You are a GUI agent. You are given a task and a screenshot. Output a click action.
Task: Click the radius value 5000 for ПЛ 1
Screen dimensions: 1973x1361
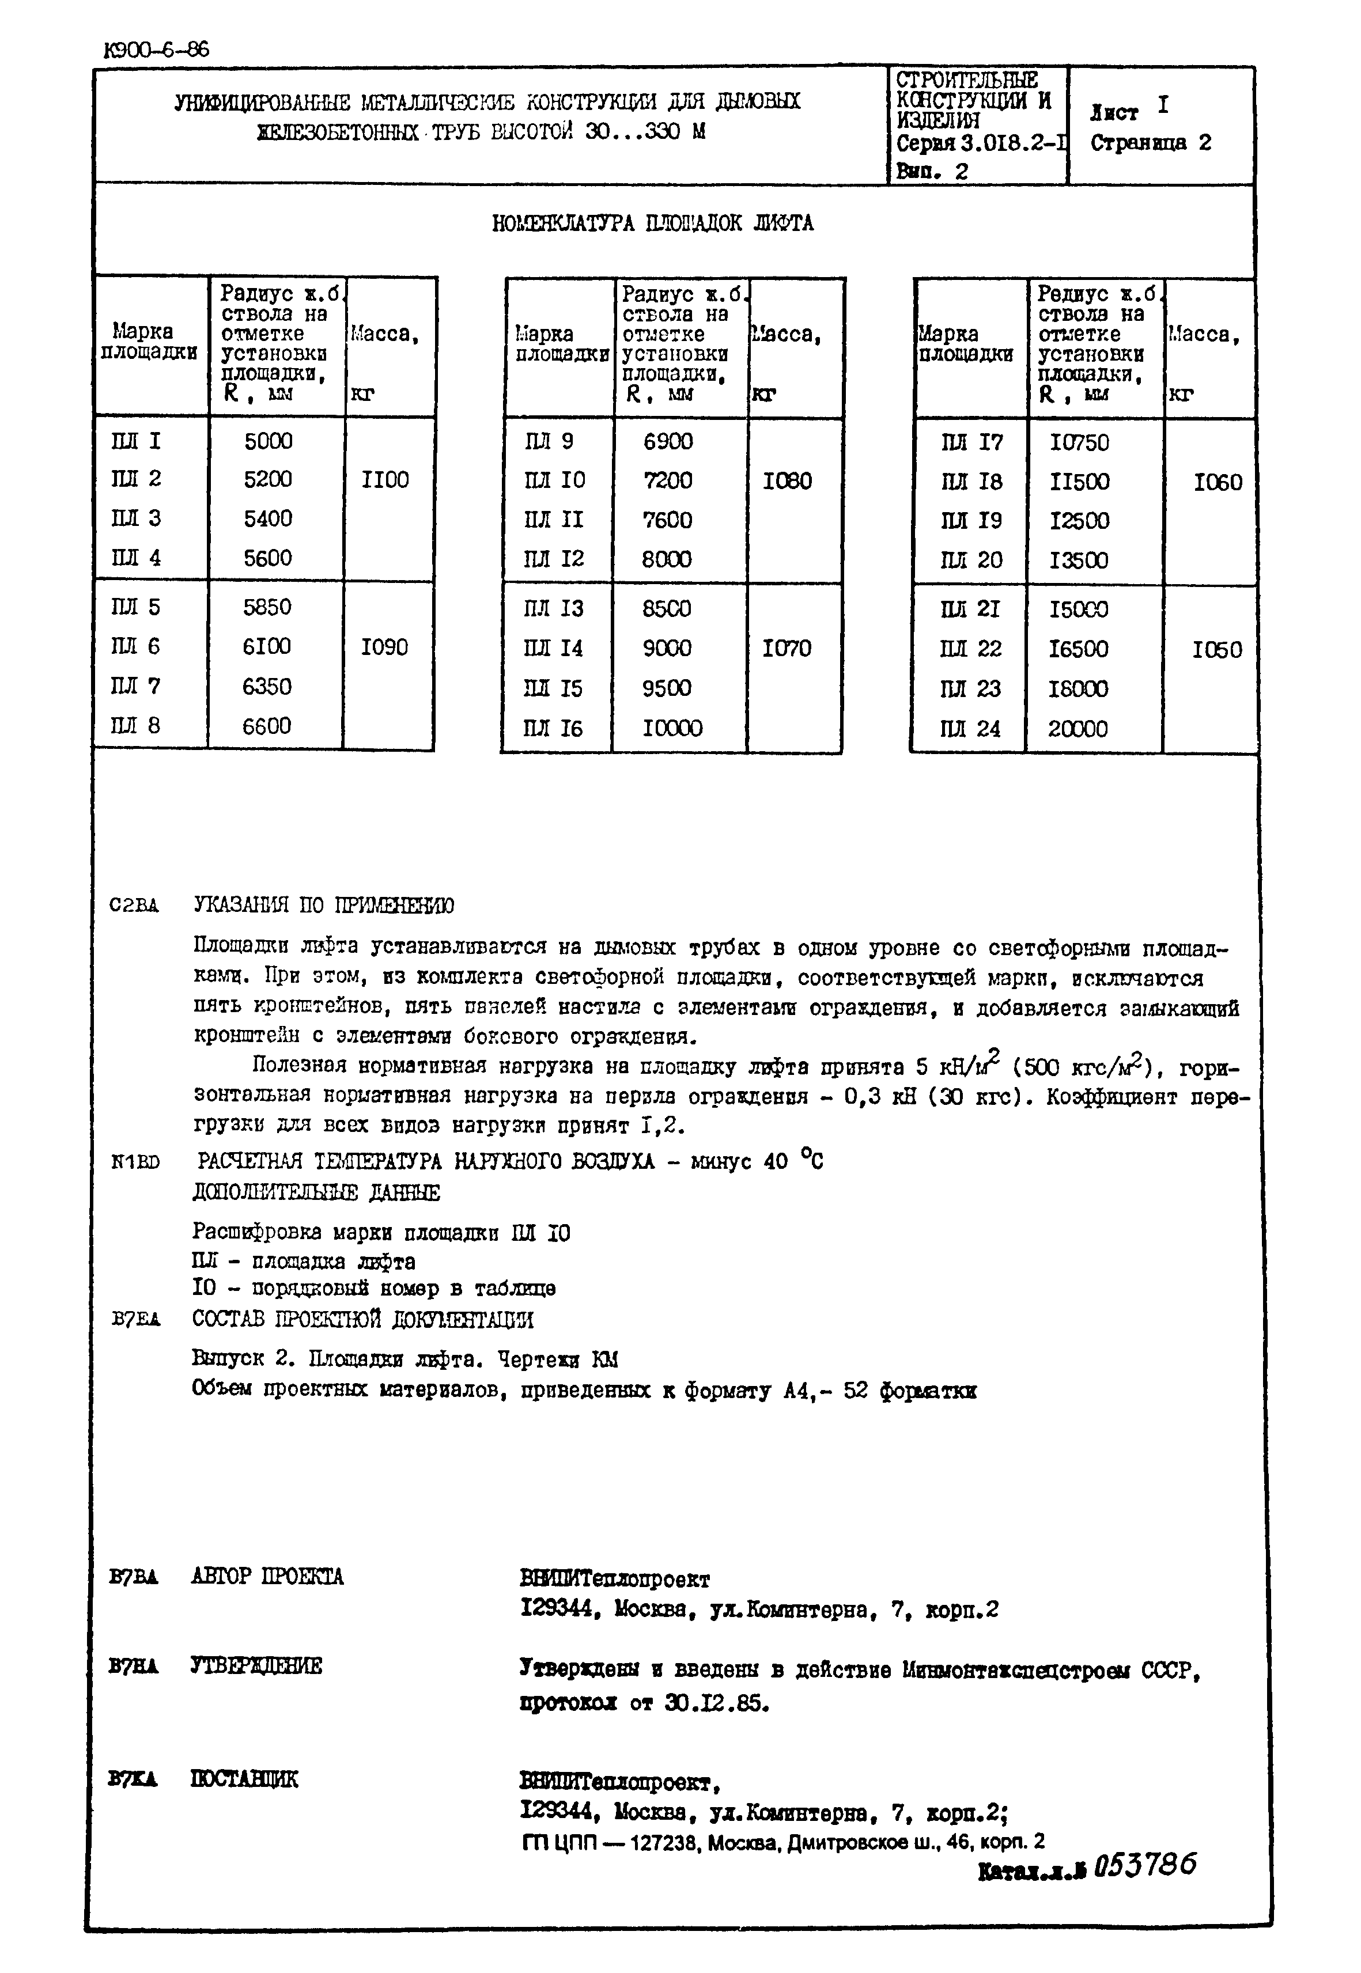point(268,441)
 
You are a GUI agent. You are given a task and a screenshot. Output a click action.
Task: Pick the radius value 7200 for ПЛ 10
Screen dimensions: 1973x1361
point(668,480)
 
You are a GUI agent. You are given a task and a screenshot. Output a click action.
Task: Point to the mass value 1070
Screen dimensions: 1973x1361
point(787,648)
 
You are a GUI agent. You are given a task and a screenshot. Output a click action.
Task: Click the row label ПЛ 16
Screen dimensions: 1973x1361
point(553,728)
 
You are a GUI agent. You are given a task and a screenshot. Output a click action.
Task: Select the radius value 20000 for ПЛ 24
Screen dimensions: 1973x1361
point(1078,729)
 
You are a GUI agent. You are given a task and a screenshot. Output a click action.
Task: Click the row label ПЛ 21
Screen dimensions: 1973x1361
point(970,609)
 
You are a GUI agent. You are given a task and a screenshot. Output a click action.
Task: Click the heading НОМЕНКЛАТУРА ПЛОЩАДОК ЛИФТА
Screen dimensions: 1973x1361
point(652,224)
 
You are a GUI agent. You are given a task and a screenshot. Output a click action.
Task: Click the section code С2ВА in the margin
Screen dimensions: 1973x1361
point(134,906)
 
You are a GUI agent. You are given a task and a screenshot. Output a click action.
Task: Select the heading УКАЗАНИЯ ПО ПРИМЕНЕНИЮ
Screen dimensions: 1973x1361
point(324,904)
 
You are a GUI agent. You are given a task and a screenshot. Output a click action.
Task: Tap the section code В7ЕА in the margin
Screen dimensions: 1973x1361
point(135,1321)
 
